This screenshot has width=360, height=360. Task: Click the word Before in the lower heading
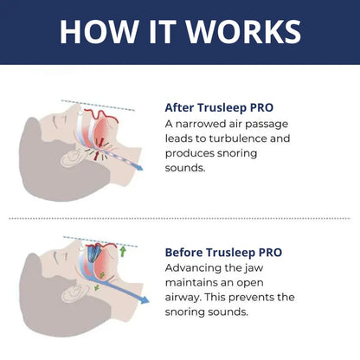185,253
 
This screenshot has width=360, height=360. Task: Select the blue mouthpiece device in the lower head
93,254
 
